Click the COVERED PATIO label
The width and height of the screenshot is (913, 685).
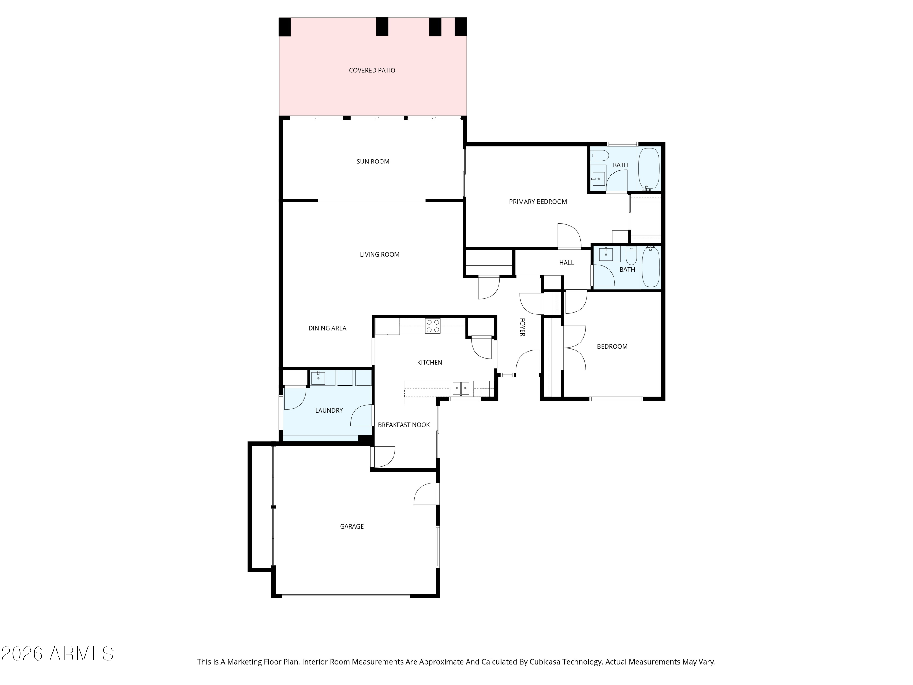point(372,71)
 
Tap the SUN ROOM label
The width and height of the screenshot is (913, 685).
point(373,161)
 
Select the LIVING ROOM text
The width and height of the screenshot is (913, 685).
point(379,254)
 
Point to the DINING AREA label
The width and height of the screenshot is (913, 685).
point(327,328)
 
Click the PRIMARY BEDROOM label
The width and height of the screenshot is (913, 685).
point(538,202)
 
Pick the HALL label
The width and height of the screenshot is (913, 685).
point(566,263)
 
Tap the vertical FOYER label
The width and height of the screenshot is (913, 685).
point(522,327)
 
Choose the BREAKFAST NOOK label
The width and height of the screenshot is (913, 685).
point(404,425)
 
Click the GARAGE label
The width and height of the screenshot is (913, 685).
point(352,526)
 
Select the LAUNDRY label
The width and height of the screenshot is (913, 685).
point(329,410)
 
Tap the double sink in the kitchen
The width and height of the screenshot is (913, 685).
point(461,388)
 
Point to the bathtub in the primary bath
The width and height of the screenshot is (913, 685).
point(649,168)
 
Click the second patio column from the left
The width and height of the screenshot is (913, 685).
point(382,26)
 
